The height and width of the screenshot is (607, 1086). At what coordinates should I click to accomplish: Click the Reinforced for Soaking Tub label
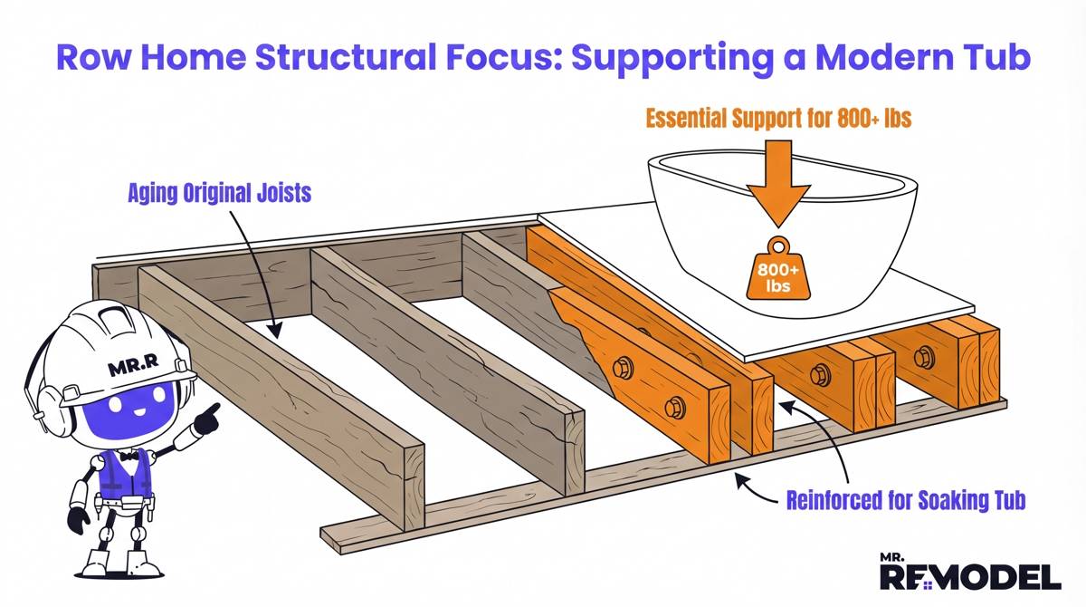click(x=905, y=499)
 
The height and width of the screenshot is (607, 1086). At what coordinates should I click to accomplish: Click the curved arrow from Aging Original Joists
click(x=262, y=263)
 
